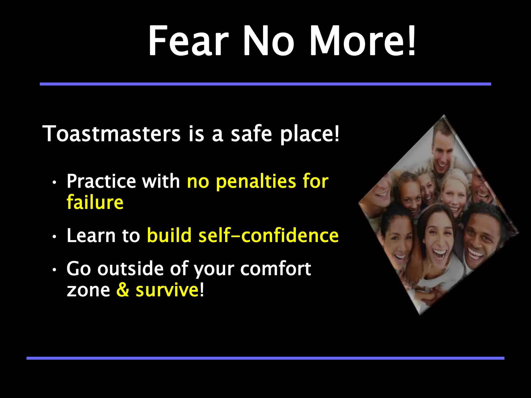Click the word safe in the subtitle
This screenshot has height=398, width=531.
pyautogui.click(x=251, y=134)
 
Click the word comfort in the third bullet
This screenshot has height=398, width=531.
pyautogui.click(x=275, y=269)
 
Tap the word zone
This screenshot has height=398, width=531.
pyautogui.click(x=88, y=290)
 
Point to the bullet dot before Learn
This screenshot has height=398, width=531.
pyautogui.click(x=54, y=237)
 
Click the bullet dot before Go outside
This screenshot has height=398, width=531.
pyautogui.click(x=54, y=270)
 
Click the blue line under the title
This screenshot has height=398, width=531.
pyautogui.click(x=265, y=84)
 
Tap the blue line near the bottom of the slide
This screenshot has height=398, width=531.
pyautogui.click(x=265, y=358)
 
